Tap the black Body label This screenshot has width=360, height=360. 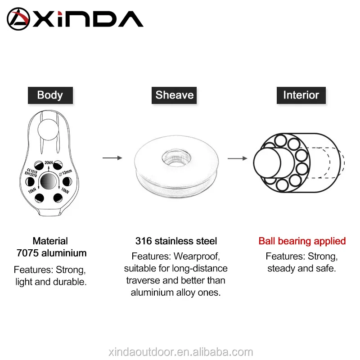(50, 95)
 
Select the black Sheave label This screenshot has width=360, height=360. (175, 95)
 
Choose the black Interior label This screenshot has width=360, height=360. (301, 95)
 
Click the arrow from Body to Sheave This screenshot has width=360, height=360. (112, 158)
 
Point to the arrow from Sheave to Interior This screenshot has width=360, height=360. (237, 158)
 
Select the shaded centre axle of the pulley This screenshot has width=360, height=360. (49, 182)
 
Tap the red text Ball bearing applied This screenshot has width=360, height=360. (302, 241)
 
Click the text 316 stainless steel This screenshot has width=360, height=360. (176, 241)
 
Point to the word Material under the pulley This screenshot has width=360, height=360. (50, 241)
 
